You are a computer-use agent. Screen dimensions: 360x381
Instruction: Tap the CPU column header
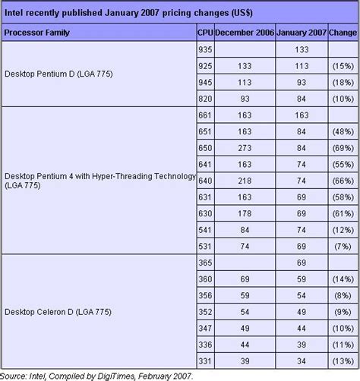pos(204,33)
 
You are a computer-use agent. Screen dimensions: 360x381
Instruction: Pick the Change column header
pos(343,33)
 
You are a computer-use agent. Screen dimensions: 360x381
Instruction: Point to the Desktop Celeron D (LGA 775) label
pos(58,311)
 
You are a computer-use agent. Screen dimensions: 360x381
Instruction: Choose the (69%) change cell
pos(343,148)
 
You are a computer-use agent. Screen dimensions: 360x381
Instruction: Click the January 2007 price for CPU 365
pos(301,263)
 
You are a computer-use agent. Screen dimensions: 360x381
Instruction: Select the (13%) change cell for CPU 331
pos(343,360)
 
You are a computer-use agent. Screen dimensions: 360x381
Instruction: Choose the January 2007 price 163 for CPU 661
pos(301,115)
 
